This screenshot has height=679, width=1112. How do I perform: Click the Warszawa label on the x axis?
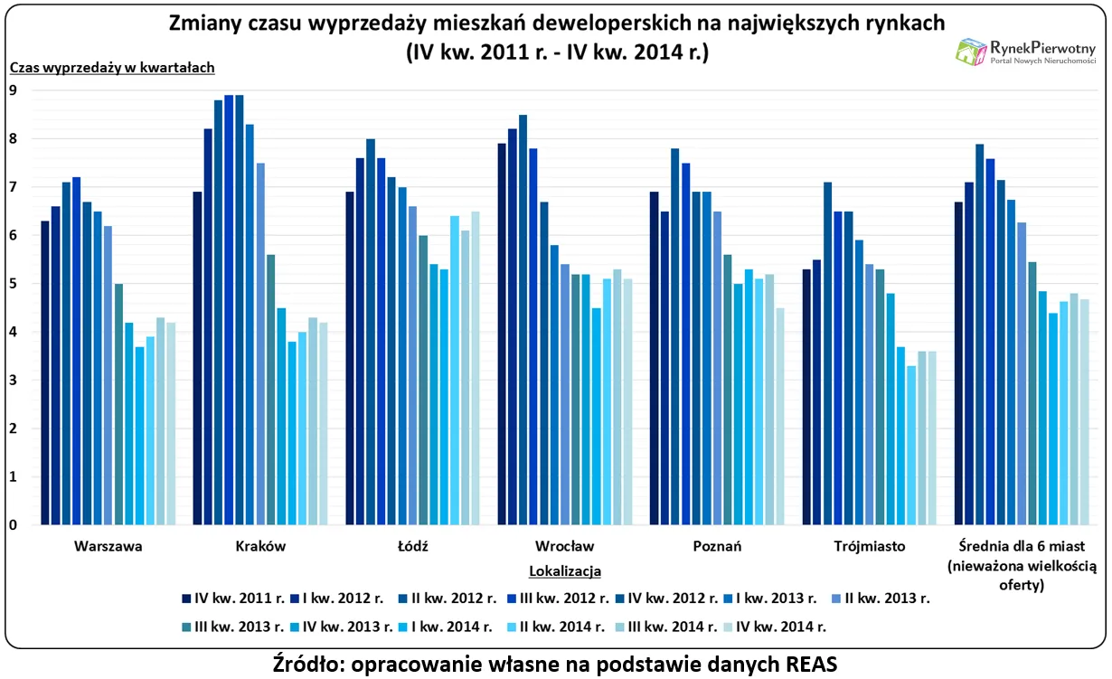(x=108, y=546)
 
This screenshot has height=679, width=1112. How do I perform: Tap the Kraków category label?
(x=260, y=546)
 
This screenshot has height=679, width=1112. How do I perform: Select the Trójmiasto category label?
(x=869, y=546)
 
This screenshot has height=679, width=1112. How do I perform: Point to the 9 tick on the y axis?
(x=13, y=90)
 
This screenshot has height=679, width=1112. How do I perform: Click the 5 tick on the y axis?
(x=13, y=284)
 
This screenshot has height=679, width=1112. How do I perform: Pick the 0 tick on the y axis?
(x=13, y=525)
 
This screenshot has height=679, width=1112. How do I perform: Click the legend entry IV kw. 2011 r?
(x=233, y=598)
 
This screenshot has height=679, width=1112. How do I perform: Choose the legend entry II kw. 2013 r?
(x=885, y=598)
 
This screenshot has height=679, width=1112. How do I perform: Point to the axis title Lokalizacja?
(x=564, y=571)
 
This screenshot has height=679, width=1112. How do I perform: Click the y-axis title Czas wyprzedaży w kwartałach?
(x=112, y=67)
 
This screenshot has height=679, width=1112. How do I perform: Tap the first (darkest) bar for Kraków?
(x=197, y=358)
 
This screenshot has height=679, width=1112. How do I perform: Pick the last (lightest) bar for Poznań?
(x=780, y=416)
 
